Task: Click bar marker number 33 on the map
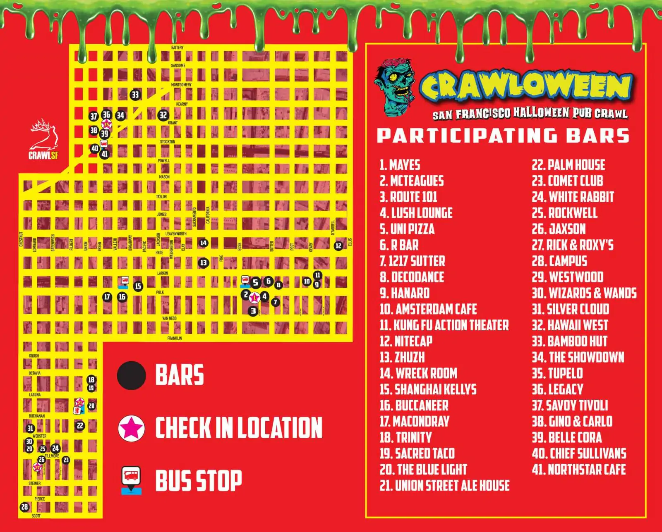[x=135, y=95]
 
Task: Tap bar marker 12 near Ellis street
[x=338, y=246]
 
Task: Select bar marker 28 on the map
[x=24, y=507]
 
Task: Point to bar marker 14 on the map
[x=203, y=243]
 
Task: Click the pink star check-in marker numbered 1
[x=254, y=297]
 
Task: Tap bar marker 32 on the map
[x=163, y=115]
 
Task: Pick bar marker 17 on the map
[x=107, y=297]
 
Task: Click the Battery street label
[x=177, y=48]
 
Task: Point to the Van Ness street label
[x=169, y=318]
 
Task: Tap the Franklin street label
[x=174, y=338]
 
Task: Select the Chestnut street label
[x=21, y=239]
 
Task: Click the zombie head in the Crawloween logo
[x=395, y=86]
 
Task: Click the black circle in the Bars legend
[x=132, y=375]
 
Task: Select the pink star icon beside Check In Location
[x=132, y=428]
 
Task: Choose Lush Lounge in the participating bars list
[x=416, y=213]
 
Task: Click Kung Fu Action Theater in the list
[x=444, y=325]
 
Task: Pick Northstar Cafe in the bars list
[x=578, y=469]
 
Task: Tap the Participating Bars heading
[x=503, y=136]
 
